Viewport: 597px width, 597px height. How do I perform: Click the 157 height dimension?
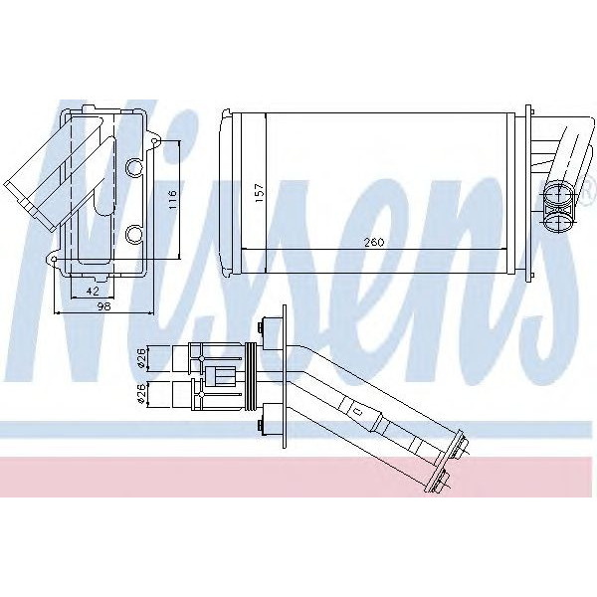point(259,193)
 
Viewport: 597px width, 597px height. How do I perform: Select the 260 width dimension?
point(374,242)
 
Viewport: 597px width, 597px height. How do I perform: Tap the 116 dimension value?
point(172,199)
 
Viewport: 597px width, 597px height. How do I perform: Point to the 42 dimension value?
point(93,292)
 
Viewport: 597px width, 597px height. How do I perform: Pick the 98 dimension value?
point(103,306)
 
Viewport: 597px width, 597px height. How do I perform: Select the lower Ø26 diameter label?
point(141,394)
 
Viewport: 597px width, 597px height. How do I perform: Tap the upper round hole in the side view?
point(133,168)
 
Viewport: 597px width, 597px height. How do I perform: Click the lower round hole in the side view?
point(133,234)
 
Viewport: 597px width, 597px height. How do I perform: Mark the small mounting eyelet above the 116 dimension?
point(154,142)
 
